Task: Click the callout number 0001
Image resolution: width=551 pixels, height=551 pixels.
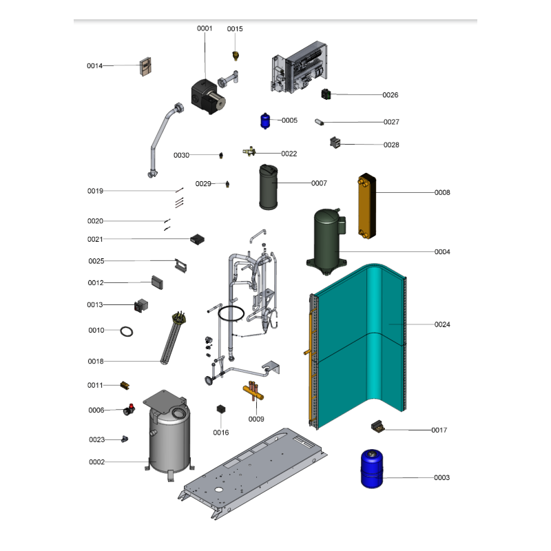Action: [205, 28]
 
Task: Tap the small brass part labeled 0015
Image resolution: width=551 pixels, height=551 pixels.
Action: [236, 56]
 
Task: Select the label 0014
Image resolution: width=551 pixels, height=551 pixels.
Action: [94, 65]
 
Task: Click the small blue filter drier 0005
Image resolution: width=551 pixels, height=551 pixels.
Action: [265, 121]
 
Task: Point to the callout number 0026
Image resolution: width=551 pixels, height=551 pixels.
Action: [391, 95]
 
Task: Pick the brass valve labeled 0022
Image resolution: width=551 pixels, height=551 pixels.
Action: [249, 152]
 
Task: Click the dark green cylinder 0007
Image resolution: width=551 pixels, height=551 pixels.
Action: [268, 187]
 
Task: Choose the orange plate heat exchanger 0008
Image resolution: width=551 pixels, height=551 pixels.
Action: [367, 206]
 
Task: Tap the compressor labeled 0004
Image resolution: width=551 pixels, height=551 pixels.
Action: [326, 242]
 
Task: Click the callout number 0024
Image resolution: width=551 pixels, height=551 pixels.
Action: [442, 324]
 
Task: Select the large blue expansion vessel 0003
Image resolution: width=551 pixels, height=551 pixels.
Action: [372, 469]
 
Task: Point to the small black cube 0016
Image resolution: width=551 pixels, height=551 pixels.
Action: [220, 409]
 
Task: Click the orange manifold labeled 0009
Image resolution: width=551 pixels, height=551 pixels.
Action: [253, 391]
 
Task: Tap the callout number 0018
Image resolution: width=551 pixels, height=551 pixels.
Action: [96, 361]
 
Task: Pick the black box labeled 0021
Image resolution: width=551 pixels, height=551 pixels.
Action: [197, 240]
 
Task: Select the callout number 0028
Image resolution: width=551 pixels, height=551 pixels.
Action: [391, 145]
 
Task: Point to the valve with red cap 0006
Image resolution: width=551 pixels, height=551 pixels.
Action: [129, 410]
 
